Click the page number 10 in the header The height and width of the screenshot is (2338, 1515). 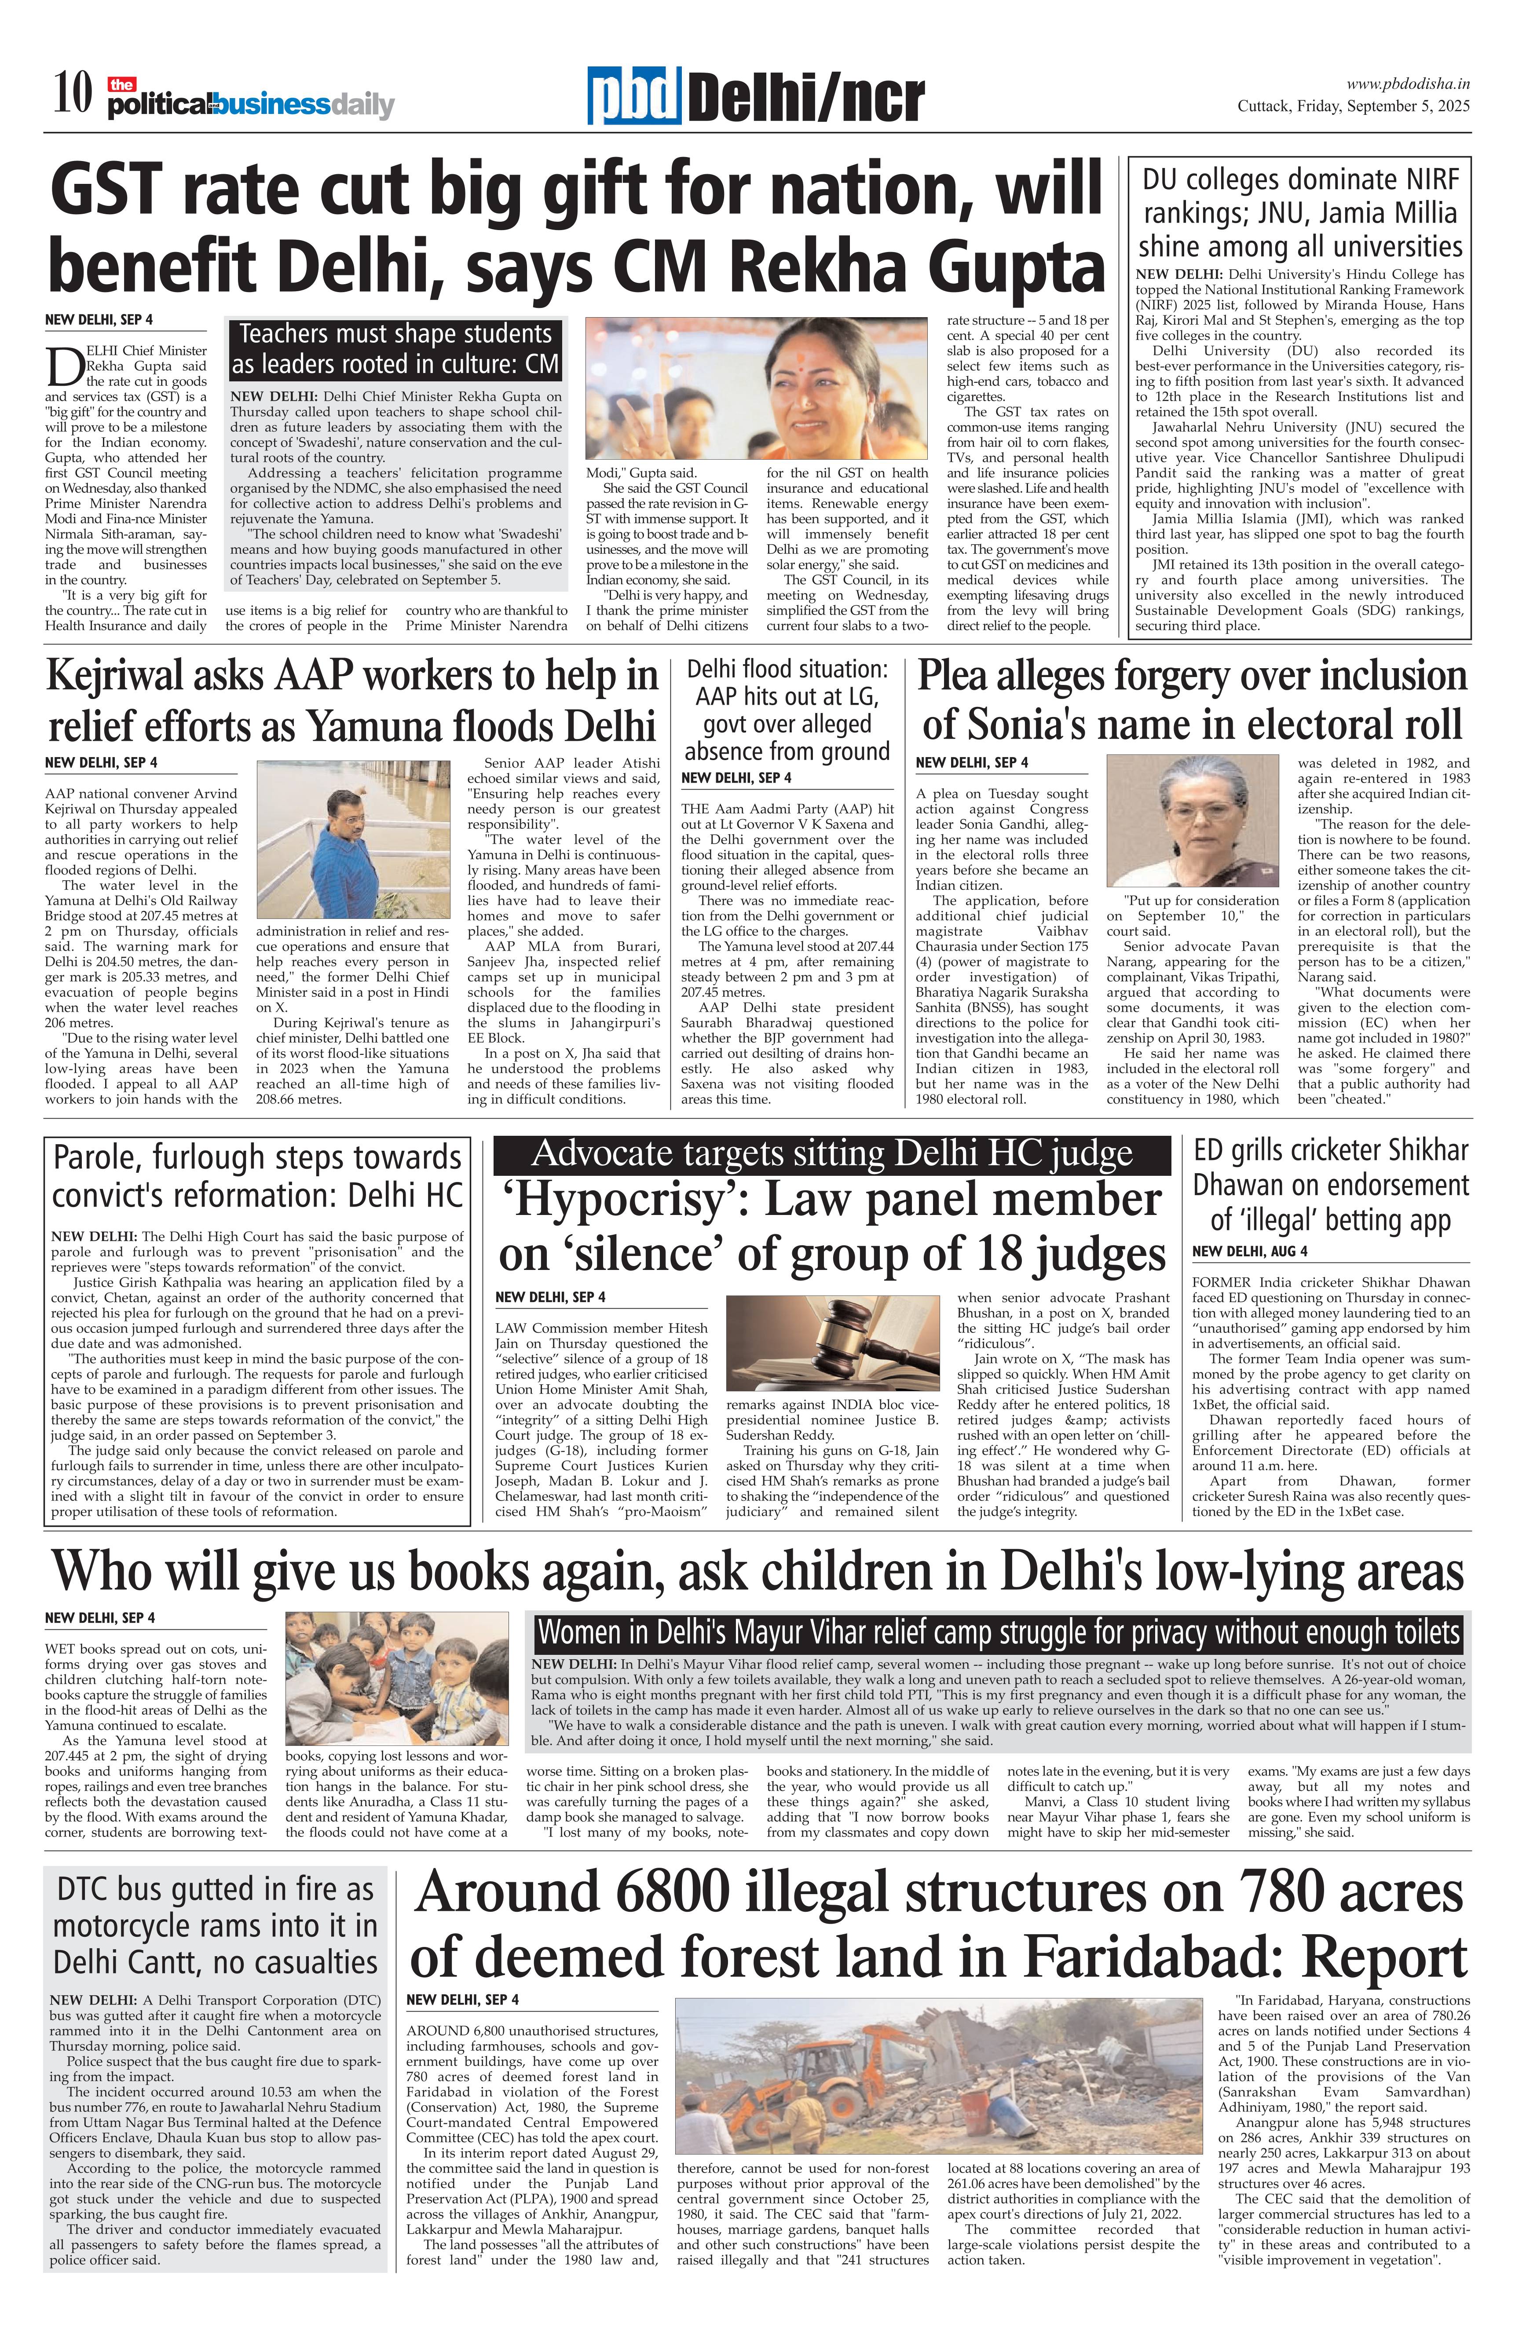click(x=73, y=95)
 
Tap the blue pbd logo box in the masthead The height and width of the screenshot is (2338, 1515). click(x=635, y=97)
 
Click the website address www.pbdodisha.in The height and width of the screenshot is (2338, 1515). click(x=1408, y=84)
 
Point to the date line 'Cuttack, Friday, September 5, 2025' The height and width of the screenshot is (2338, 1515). click(x=1353, y=106)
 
